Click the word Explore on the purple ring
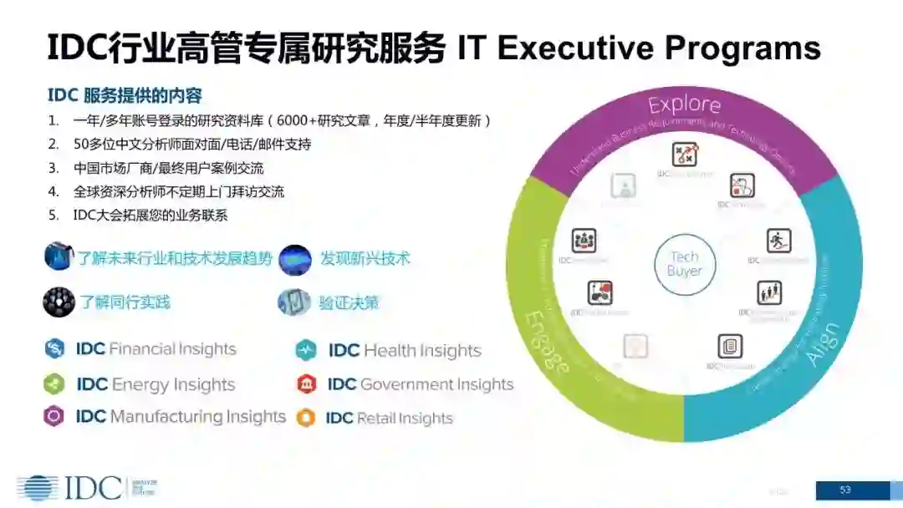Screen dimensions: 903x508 pos(684,104)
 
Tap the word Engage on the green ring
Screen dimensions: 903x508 pos(547,342)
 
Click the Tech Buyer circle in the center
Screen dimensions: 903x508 pos(685,264)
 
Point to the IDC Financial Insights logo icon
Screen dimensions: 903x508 pos(54,348)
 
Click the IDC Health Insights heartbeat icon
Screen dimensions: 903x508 pos(306,350)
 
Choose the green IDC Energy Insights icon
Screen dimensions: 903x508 pos(54,384)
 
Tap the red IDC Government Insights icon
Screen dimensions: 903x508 pos(306,384)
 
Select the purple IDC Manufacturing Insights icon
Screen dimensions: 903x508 pos(54,416)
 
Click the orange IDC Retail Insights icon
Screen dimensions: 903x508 pos(306,418)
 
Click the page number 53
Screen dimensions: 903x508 pos(845,490)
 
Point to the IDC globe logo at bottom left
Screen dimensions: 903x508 pos(38,488)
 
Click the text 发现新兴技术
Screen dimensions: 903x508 pos(365,258)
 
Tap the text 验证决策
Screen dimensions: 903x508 pos(349,302)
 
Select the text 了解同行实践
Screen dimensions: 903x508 pos(125,302)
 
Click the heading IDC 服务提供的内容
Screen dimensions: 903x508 pos(125,95)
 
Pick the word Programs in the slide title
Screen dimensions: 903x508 pos(746,48)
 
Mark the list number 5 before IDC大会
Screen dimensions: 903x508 pos(54,215)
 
